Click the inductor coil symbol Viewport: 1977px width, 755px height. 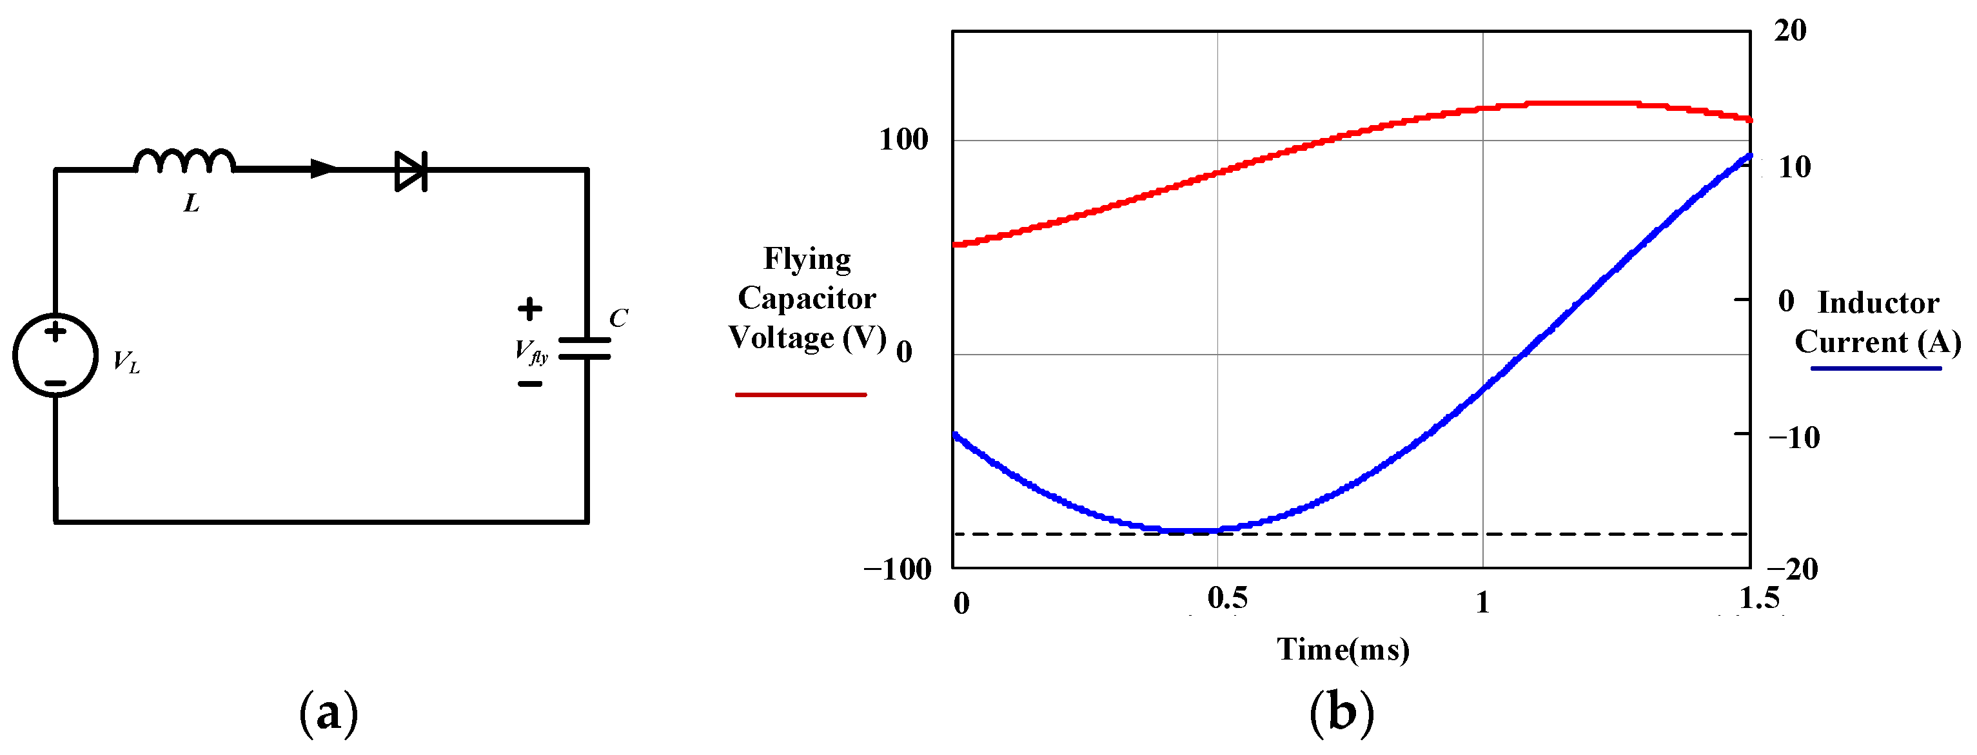coord(184,161)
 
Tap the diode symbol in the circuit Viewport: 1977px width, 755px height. coord(411,170)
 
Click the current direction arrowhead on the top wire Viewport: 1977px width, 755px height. coord(323,169)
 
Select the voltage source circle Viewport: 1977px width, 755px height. coord(55,355)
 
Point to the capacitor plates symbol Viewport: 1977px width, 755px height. coord(585,348)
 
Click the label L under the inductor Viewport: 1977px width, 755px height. coord(191,203)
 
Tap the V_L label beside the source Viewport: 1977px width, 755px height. coord(126,362)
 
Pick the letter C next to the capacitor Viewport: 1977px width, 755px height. coord(618,318)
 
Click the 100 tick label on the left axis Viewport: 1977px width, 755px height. coord(903,140)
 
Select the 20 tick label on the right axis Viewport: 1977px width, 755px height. coord(1791,31)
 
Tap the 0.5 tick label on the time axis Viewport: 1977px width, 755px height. coord(1227,598)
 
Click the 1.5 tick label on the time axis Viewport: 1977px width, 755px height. coord(1759,598)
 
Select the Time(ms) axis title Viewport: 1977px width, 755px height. coord(1343,650)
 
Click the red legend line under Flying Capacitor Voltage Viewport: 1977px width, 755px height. coord(800,395)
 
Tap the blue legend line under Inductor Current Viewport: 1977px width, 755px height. coord(1876,369)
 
